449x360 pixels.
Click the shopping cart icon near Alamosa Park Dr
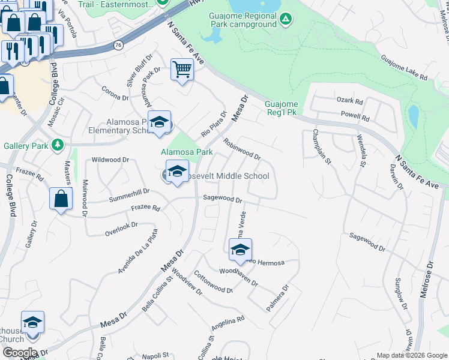point(182,70)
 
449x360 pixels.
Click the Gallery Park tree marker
point(58,145)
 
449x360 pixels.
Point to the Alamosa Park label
point(187,152)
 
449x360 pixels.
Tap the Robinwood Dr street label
point(242,149)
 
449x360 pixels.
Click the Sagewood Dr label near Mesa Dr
point(222,199)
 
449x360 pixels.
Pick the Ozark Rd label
point(350,101)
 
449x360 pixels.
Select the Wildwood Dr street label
point(110,160)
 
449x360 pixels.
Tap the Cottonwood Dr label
point(212,281)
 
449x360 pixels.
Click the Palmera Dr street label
point(277,298)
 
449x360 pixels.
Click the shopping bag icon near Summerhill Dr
point(61,200)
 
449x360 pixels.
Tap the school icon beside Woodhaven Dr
point(240,250)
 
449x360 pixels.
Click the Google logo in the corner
point(20,353)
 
